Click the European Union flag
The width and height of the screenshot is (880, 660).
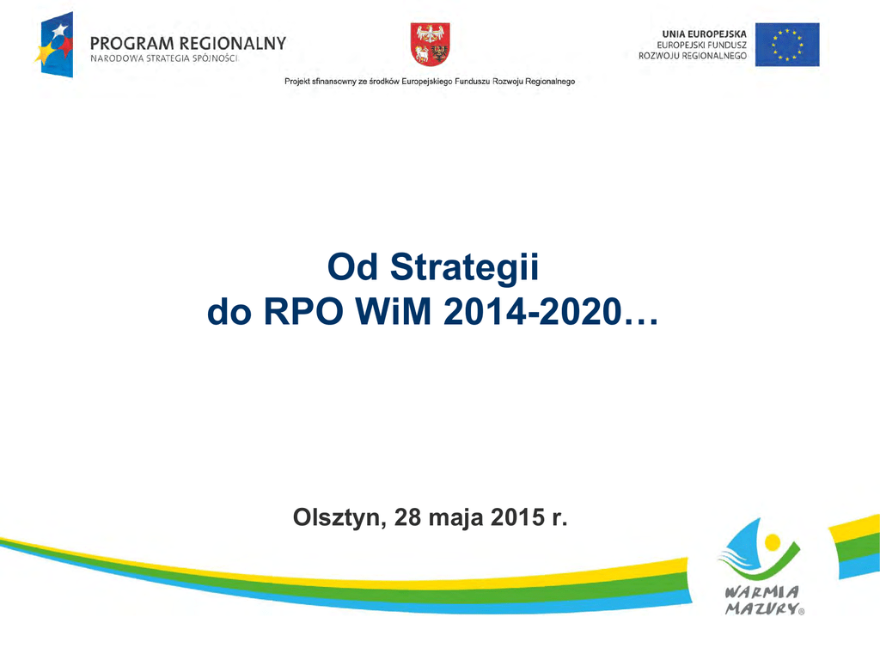coord(787,45)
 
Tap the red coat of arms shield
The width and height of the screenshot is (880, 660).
coord(430,45)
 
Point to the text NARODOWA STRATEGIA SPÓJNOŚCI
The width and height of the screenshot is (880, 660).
coord(164,58)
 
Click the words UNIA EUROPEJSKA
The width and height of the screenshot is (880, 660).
coord(705,34)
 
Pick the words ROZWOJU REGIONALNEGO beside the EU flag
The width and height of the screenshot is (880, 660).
coord(693,56)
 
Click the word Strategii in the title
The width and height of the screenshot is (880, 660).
coord(464,267)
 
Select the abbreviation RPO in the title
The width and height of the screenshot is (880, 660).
coord(303,312)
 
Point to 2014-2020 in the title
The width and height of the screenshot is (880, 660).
coord(533,312)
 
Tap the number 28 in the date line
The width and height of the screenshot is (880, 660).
coord(408,516)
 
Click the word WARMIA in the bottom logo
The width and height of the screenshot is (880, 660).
coord(761,592)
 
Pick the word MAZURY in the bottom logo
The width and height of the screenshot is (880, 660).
coord(761,608)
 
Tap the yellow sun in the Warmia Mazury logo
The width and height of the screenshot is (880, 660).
coord(773,542)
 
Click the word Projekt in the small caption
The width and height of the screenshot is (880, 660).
coord(296,82)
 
